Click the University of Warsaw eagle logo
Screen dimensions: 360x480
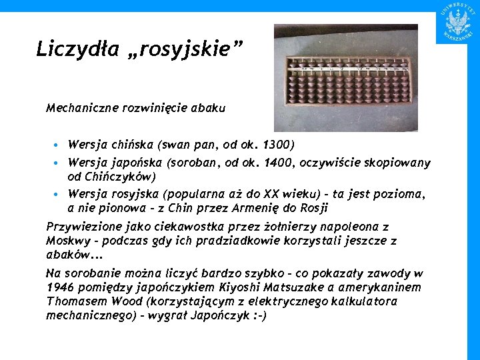point(458,21)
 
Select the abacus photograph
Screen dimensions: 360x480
point(346,78)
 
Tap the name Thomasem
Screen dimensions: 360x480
point(71,301)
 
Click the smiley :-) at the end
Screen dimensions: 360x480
point(257,315)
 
